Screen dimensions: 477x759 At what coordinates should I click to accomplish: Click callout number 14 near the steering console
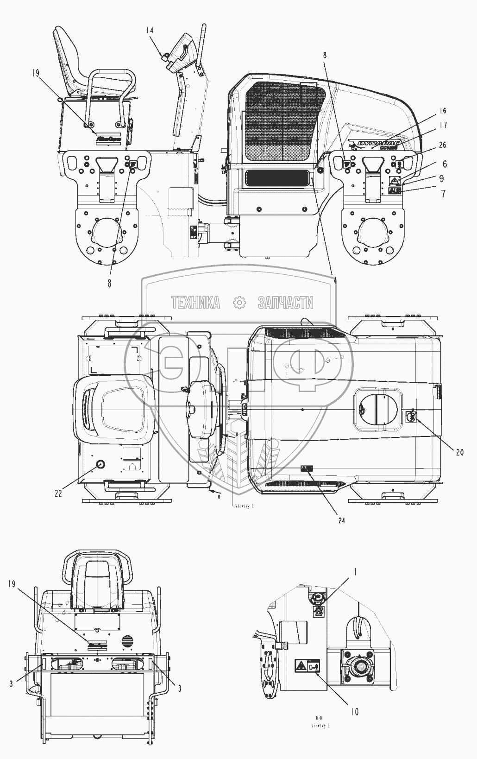(x=150, y=30)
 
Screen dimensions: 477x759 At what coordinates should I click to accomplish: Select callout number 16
(x=443, y=111)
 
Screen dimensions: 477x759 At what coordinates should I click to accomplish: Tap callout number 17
(x=443, y=125)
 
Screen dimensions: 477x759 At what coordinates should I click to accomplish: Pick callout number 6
(x=444, y=164)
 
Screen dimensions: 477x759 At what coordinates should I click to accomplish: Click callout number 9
(x=442, y=178)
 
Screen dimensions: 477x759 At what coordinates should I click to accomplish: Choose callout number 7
(x=443, y=194)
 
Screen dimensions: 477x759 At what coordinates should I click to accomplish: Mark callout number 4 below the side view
(x=335, y=280)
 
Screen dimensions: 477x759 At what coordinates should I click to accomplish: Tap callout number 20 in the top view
(x=459, y=452)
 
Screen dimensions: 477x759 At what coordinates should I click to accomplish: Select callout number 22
(x=58, y=494)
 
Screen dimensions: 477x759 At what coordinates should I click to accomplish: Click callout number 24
(x=341, y=520)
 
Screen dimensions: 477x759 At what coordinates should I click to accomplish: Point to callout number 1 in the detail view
(x=355, y=572)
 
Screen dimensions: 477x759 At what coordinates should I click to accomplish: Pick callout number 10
(x=354, y=711)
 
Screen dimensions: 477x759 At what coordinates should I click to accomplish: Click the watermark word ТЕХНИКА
(x=195, y=303)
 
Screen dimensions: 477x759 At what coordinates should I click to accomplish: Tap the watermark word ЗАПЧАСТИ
(x=285, y=303)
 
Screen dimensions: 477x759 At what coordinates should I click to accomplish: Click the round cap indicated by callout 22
(x=100, y=464)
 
